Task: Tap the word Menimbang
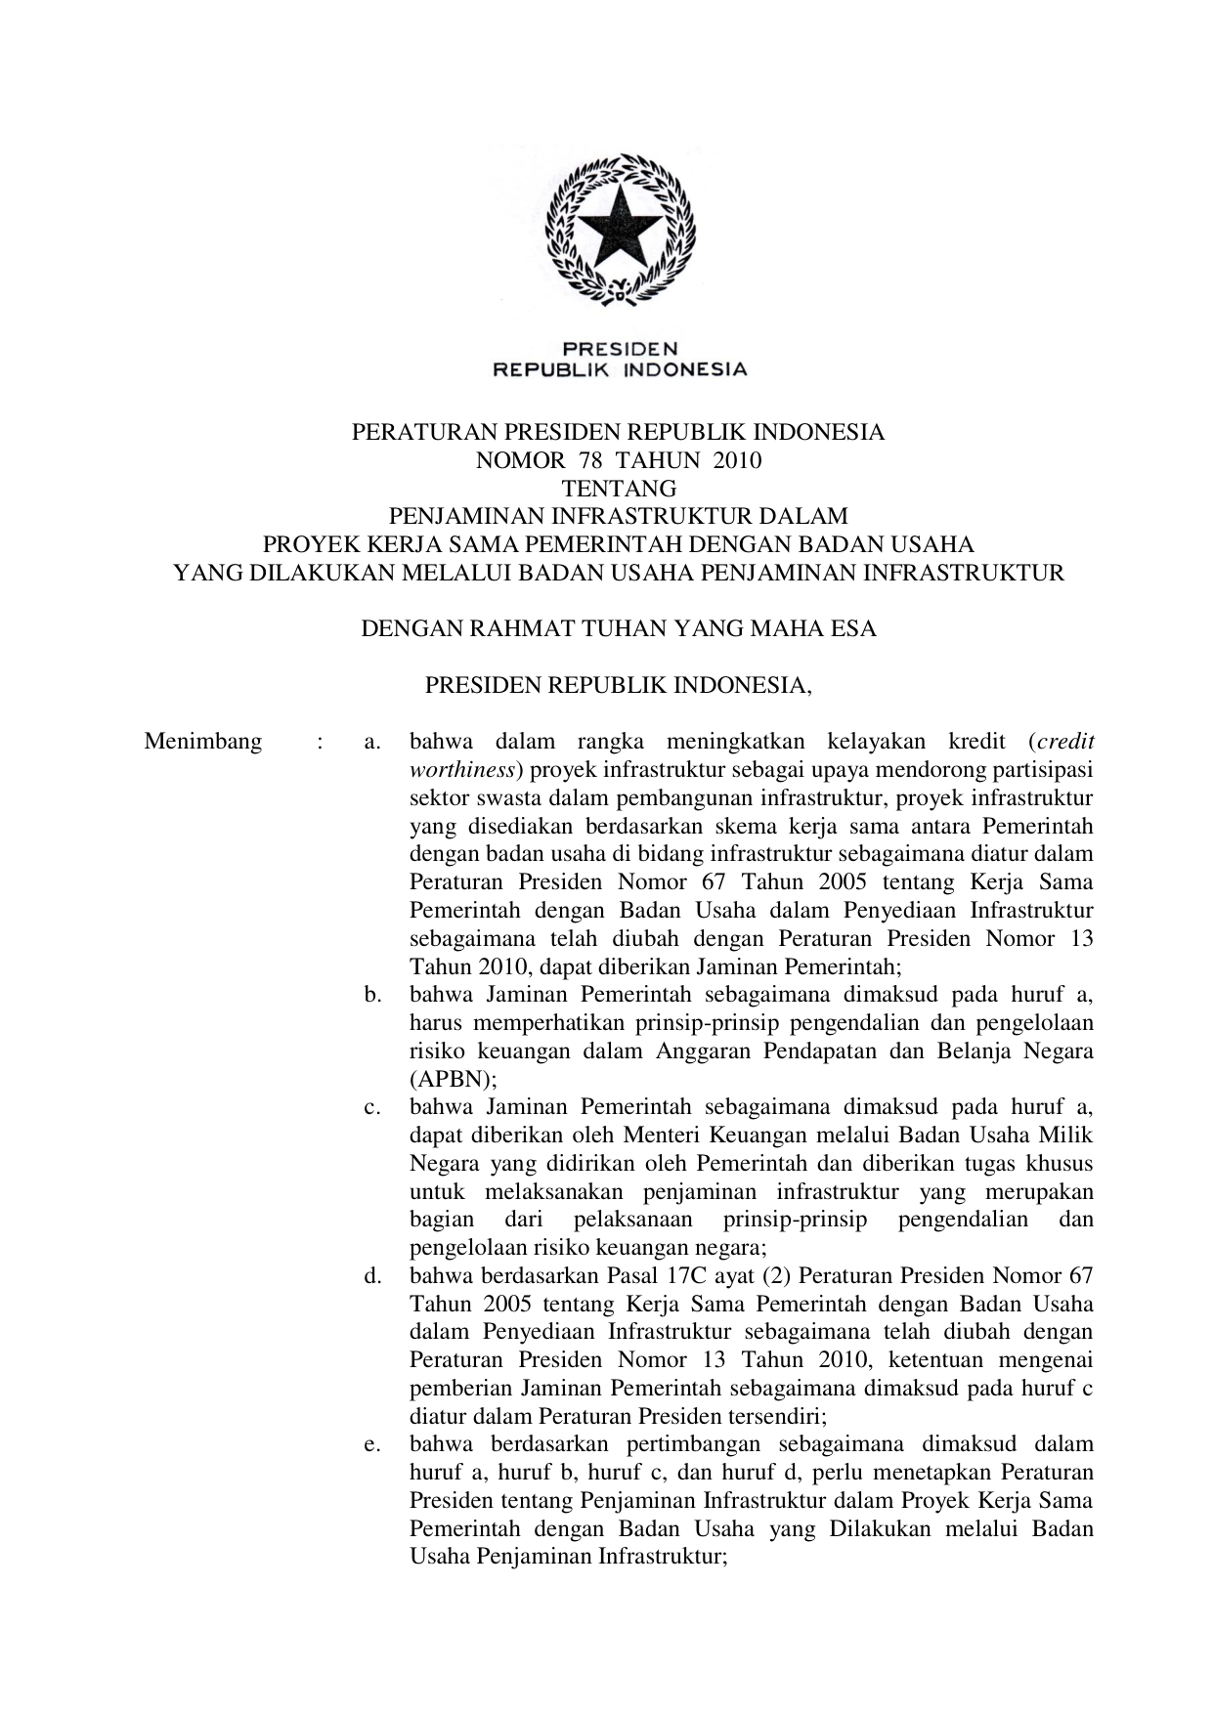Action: (203, 741)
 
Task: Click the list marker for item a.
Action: (371, 742)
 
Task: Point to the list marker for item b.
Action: (371, 995)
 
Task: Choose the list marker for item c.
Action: (371, 1107)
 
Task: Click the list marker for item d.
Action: (371, 1275)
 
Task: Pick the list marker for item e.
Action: (371, 1443)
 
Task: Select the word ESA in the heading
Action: (852, 628)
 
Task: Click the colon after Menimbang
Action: (320, 741)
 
